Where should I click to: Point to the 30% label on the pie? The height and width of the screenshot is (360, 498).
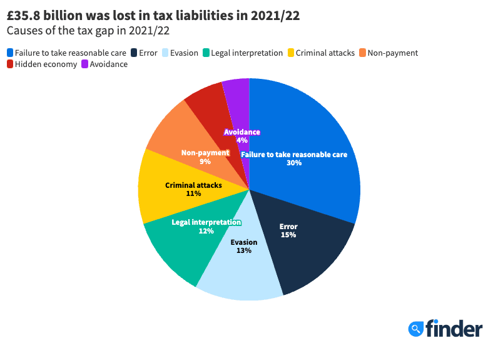coord(294,163)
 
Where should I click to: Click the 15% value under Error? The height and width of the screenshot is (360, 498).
coord(288,235)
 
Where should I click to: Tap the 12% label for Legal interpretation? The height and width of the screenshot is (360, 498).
coord(206,231)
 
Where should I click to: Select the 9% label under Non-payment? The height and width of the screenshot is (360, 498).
coord(205,162)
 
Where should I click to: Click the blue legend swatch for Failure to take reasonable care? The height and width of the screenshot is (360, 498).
coord(10,53)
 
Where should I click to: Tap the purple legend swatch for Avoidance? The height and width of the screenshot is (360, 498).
coord(85,64)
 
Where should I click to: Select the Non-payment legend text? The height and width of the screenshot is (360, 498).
coord(393,53)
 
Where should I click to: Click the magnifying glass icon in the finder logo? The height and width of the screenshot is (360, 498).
coord(415,329)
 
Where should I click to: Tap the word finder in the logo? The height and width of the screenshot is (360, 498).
coord(454,328)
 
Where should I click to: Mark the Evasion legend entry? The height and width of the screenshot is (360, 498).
coord(183,53)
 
